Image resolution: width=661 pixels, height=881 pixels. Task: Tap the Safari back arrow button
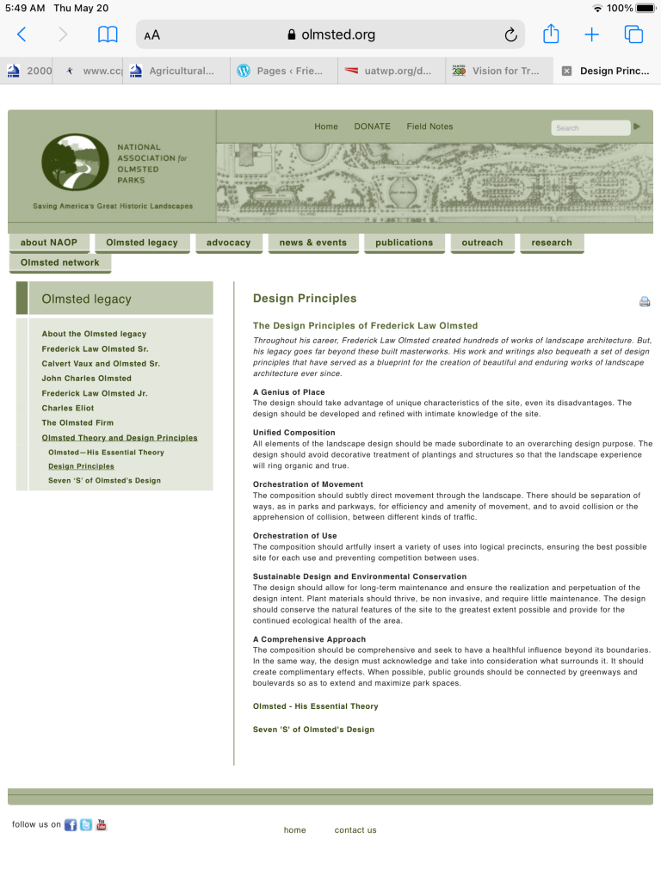22,34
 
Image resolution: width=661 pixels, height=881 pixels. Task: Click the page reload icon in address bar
510,34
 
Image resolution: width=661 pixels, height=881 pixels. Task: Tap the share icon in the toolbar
551,34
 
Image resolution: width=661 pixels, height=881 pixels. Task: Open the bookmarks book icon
108,34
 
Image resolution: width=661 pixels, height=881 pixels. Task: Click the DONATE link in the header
372,126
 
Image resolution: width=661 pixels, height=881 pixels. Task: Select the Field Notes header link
429,126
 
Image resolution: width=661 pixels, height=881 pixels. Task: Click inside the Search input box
590,128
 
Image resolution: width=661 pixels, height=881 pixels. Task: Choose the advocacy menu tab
228,243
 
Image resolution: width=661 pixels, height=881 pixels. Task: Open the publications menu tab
404,243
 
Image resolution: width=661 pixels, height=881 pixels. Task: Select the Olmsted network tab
59,262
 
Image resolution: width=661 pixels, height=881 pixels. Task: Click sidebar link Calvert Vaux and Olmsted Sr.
100,364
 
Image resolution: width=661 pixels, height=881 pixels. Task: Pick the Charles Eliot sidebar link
68,409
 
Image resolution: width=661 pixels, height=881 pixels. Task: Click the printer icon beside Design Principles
645,302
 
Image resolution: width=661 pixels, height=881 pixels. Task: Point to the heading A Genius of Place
288,392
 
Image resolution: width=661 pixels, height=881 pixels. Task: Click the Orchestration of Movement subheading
307,484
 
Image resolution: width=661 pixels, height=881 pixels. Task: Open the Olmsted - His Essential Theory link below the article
315,706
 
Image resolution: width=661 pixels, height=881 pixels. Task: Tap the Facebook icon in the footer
71,825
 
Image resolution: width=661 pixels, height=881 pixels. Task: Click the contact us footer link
355,830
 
